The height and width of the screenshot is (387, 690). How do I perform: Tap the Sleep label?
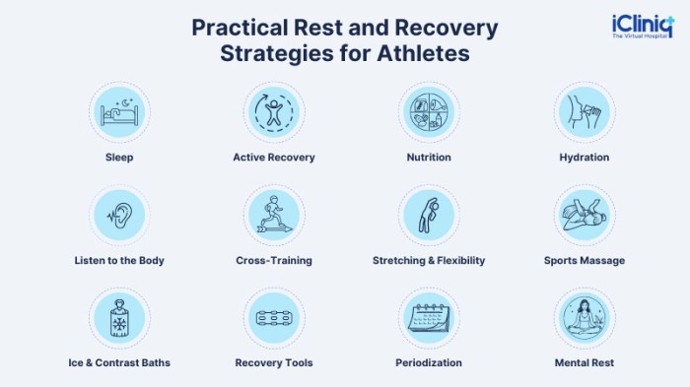(x=118, y=157)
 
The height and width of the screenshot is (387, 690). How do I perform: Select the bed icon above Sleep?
(x=118, y=111)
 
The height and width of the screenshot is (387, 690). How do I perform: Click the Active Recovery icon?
(x=273, y=111)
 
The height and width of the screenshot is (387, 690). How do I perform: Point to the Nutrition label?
(x=429, y=157)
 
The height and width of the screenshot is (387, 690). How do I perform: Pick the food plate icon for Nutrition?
(x=429, y=111)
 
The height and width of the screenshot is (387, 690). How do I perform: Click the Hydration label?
(x=584, y=157)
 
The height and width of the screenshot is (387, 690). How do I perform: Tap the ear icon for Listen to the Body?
(x=119, y=215)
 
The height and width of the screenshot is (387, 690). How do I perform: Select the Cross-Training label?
(x=274, y=260)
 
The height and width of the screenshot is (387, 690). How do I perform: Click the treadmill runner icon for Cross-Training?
(x=273, y=215)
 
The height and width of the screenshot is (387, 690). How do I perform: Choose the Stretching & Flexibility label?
(x=429, y=260)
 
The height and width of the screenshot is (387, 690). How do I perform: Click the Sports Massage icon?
(x=584, y=215)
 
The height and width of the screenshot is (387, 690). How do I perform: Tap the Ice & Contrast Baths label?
(x=118, y=362)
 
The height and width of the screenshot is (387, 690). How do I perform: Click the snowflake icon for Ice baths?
(x=118, y=318)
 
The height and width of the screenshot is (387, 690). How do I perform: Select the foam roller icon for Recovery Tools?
(x=273, y=318)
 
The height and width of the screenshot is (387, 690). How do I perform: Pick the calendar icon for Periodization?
(x=429, y=318)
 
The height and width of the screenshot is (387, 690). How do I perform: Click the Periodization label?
(x=429, y=362)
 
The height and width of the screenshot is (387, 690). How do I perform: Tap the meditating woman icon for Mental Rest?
(x=584, y=318)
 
